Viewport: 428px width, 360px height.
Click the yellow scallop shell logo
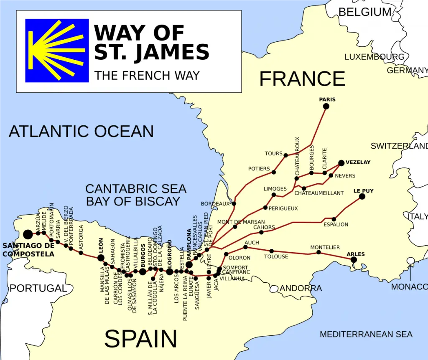(57, 51)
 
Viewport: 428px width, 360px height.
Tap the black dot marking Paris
(326, 106)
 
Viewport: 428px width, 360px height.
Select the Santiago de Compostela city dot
(28, 234)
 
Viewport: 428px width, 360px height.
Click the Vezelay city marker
(341, 163)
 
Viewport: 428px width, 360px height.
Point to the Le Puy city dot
(362, 196)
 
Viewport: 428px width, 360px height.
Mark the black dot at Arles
(354, 260)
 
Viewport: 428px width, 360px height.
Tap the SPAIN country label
(140, 339)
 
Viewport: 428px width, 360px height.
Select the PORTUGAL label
(38, 288)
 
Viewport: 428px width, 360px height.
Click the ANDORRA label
(301, 288)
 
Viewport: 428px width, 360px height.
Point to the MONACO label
(409, 287)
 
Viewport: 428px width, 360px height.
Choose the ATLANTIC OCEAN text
(81, 132)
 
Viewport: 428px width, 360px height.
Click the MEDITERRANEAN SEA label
(366, 334)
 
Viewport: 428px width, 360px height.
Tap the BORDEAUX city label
(215, 204)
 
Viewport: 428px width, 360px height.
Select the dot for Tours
(285, 155)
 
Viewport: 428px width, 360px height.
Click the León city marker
(101, 258)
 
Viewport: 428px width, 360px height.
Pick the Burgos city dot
(143, 271)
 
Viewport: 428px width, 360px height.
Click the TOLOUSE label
(276, 256)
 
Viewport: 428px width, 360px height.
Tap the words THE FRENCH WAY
(147, 76)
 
